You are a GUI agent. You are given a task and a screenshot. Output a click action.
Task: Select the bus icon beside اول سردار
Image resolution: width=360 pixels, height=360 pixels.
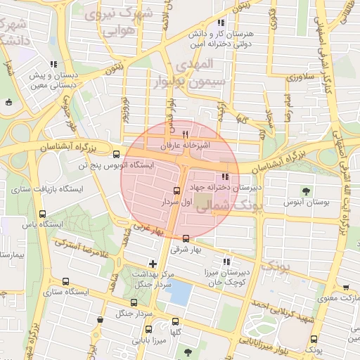click(176, 191)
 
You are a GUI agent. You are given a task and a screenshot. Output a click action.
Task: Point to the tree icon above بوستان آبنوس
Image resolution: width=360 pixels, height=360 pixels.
click(305, 191)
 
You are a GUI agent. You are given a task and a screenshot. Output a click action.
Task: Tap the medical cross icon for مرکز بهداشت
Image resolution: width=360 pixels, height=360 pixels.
click(153, 263)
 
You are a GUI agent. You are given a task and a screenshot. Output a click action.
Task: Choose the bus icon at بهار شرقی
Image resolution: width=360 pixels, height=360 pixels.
click(186, 238)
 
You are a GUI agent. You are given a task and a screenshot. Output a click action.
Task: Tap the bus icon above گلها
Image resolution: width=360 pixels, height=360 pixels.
click(176, 321)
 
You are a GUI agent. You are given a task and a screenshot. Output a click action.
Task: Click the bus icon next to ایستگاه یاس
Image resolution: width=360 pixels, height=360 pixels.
click(43, 214)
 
